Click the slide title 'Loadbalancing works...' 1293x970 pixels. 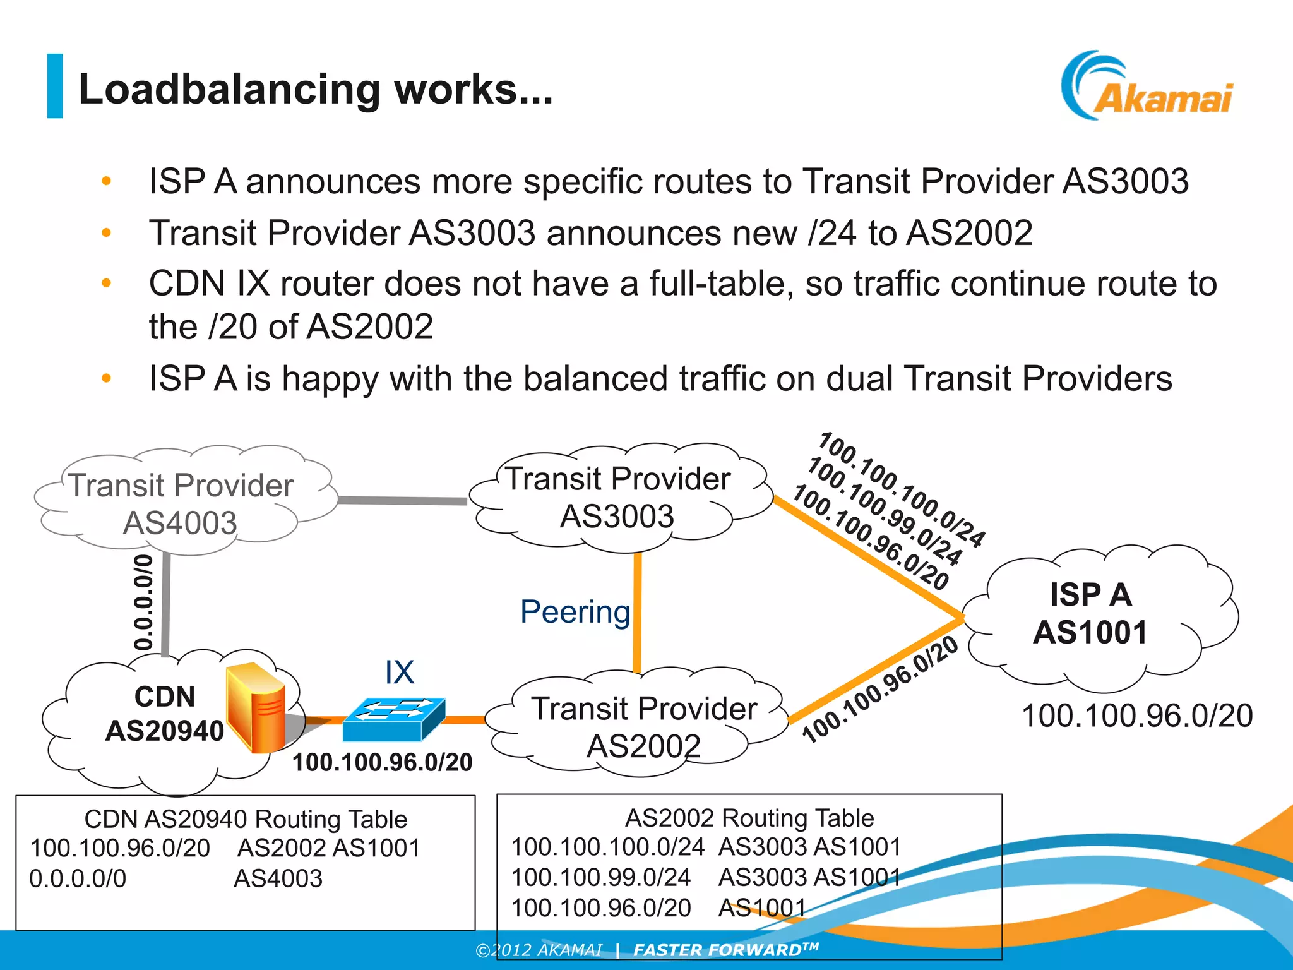pyautogui.click(x=315, y=89)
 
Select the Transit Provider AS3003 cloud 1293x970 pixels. pyautogui.click(x=617, y=498)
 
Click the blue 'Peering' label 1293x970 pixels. pyautogui.click(x=575, y=612)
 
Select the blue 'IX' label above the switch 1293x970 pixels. pyautogui.click(x=400, y=672)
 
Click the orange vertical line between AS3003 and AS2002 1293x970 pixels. pyautogui.click(x=638, y=613)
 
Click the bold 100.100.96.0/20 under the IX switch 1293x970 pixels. pyautogui.click(x=382, y=762)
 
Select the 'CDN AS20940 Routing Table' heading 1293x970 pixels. pyautogui.click(x=246, y=819)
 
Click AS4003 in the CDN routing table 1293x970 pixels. pyautogui.click(x=278, y=878)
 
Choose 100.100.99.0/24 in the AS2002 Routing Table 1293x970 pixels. pyautogui.click(x=600, y=877)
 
